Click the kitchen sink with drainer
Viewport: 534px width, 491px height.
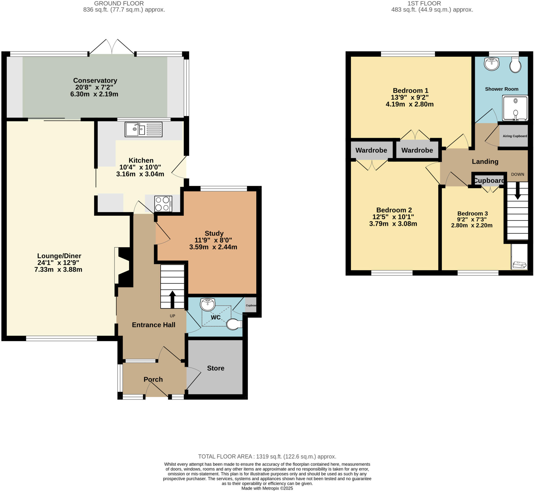click(143, 129)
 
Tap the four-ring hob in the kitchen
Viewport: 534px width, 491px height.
click(163, 204)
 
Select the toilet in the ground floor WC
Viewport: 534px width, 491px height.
click(234, 324)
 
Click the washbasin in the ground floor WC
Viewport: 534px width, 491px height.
click(208, 304)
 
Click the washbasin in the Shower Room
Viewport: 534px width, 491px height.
click(491, 64)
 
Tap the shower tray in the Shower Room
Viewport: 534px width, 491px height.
click(515, 108)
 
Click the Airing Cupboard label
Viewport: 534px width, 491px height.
click(515, 136)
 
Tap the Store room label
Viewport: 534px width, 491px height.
click(215, 368)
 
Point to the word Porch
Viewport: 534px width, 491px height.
click(153, 379)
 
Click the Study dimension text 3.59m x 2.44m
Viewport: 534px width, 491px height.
click(213, 247)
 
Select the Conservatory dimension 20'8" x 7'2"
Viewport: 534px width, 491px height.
click(94, 87)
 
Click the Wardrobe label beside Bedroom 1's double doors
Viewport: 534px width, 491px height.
click(417, 150)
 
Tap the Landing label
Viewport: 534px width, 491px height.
click(485, 161)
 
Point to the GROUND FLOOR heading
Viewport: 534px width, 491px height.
click(119, 3)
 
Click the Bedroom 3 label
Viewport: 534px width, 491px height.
click(472, 213)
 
